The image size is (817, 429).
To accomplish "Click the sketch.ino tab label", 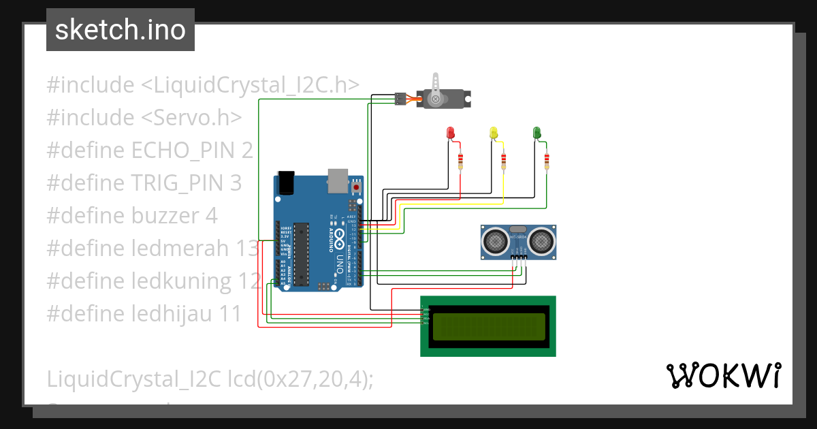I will pyautogui.click(x=120, y=30).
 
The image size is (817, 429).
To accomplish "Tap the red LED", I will pyautogui.click(x=449, y=133).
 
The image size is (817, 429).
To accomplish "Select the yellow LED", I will pyautogui.click(x=494, y=133).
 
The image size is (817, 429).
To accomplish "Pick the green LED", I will pyautogui.click(x=537, y=133).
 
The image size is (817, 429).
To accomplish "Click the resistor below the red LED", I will pyautogui.click(x=461, y=161).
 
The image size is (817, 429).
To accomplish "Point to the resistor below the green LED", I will pyautogui.click(x=547, y=161).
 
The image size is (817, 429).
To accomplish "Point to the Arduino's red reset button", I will pyautogui.click(x=356, y=186).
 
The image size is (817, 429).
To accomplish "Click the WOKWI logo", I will pyautogui.click(x=723, y=375).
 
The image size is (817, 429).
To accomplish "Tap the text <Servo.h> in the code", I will pyautogui.click(x=191, y=118).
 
